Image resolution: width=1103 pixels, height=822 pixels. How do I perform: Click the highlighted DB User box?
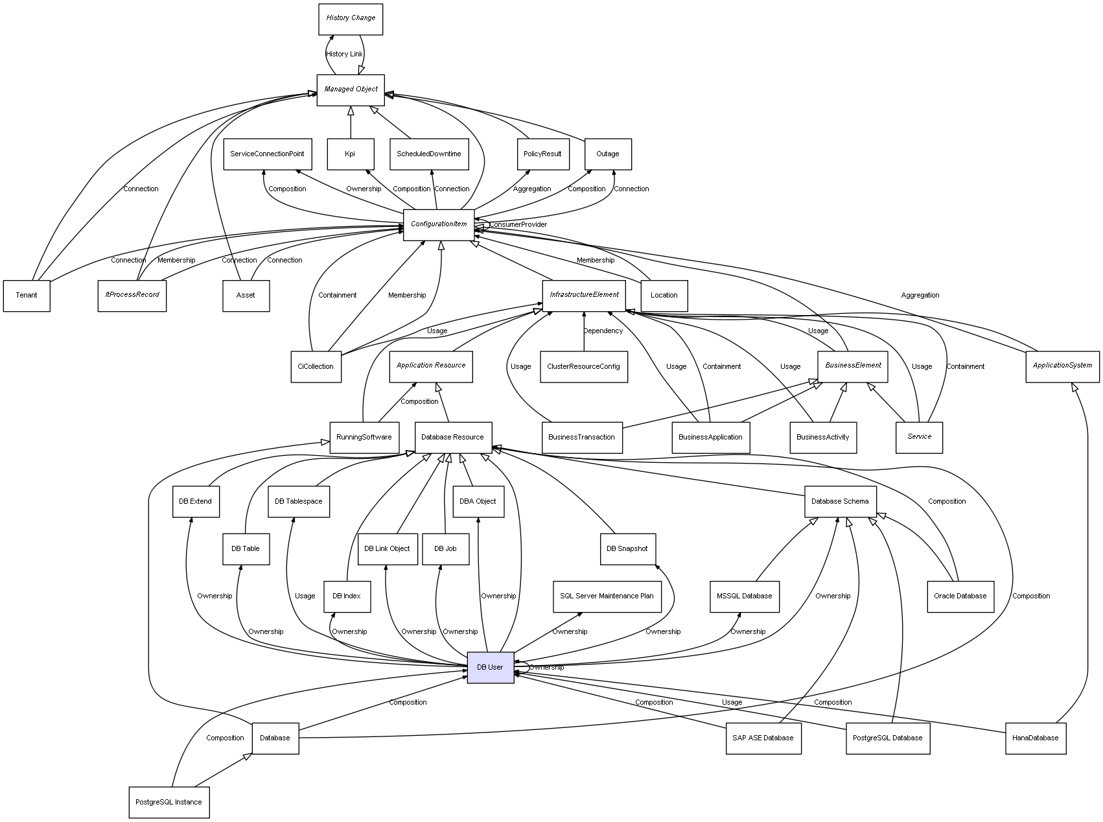491,667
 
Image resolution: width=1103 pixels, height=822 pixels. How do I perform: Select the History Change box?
351,19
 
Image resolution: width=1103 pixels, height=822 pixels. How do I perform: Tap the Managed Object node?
351,89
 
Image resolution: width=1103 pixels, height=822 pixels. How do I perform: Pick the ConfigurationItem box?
439,224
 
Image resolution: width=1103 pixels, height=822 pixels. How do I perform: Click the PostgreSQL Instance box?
168,802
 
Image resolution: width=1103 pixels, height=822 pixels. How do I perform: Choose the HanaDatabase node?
1035,738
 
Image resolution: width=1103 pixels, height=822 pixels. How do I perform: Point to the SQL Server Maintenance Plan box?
607,596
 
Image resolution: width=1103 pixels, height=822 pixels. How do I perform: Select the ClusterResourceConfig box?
583,366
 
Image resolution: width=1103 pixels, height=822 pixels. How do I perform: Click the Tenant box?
27,295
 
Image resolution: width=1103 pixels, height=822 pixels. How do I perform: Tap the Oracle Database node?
960,596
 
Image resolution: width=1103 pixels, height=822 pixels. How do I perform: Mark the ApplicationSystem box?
1062,366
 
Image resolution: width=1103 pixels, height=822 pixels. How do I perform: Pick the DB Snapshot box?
627,548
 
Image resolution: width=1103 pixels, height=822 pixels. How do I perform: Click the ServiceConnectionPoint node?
267,154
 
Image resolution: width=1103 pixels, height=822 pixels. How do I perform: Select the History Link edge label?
344,54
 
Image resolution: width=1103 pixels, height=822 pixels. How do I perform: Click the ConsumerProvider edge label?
518,225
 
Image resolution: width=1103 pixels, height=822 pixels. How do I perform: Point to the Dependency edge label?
603,331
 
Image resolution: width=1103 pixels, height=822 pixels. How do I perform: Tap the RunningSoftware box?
364,437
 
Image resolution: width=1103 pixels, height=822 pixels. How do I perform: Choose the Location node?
664,295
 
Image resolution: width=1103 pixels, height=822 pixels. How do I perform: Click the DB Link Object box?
387,548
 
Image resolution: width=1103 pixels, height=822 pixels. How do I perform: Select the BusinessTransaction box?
581,437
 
